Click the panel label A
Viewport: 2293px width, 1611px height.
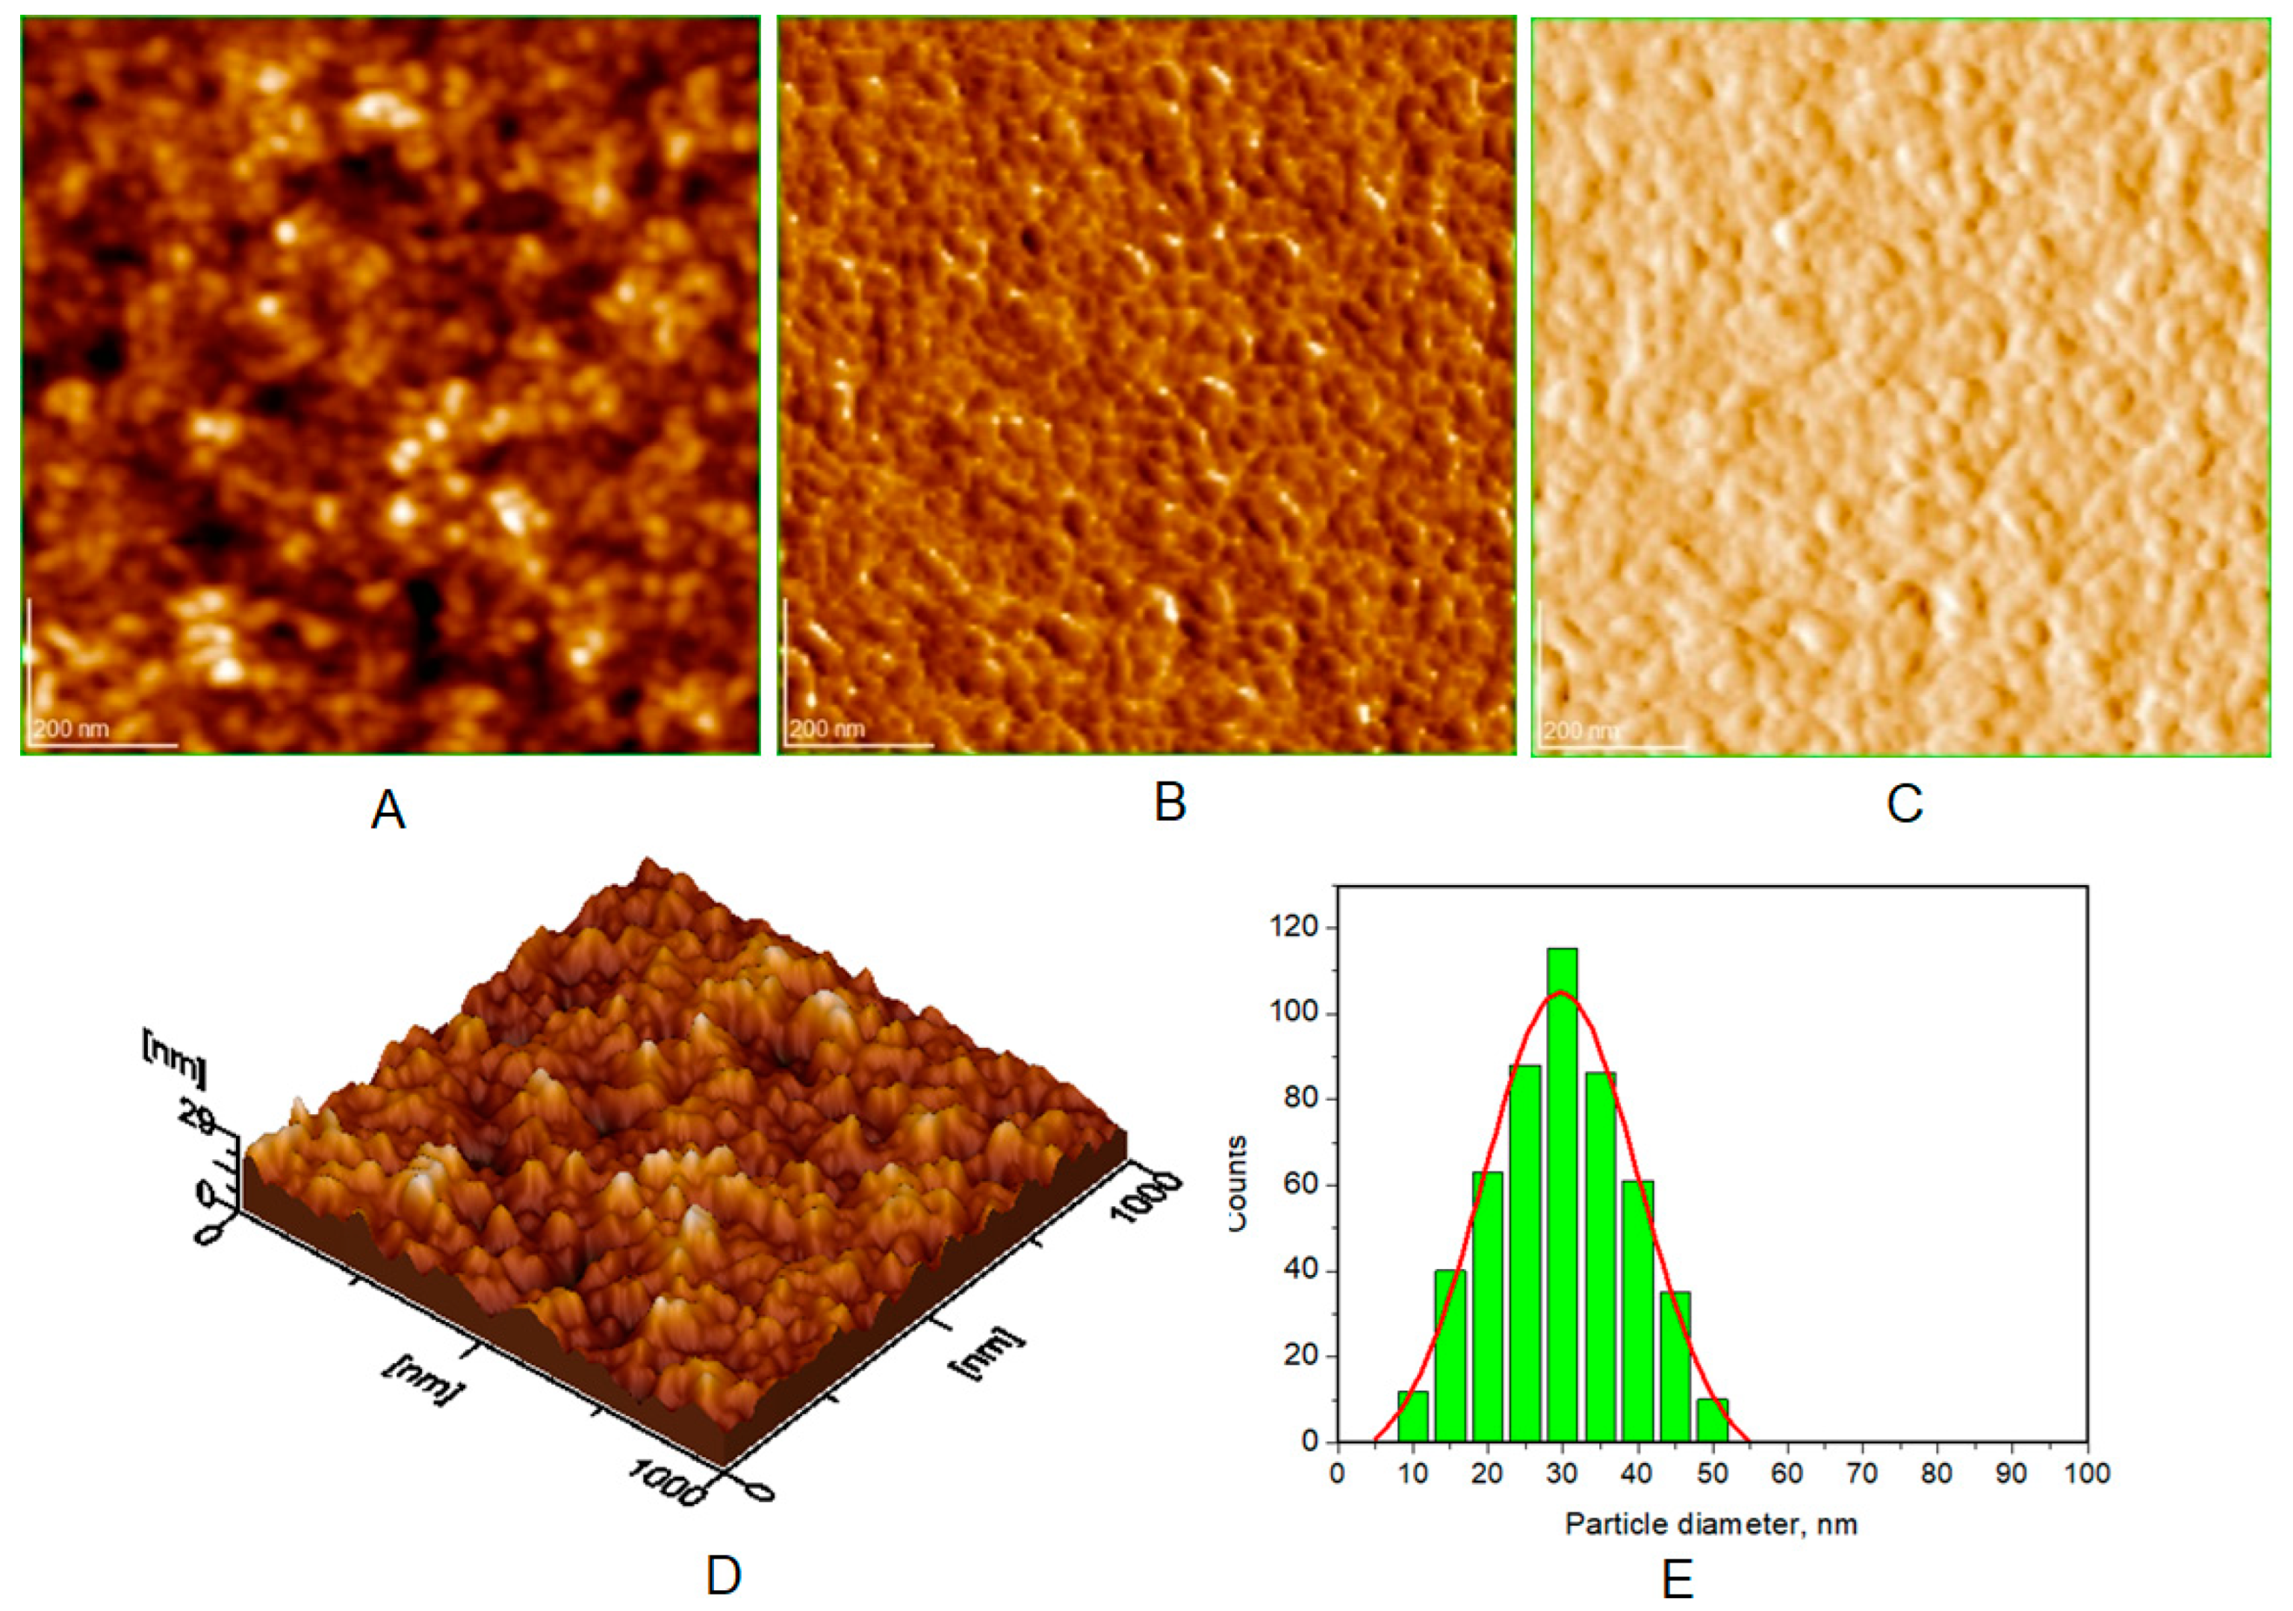[388, 810]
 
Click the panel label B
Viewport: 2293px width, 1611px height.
[1170, 802]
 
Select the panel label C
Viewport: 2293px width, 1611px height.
[1904, 803]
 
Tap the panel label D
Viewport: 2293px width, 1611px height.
[723, 1576]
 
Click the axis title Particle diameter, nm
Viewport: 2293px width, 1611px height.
[1710, 1524]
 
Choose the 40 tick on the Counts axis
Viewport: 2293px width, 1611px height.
[1300, 1270]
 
